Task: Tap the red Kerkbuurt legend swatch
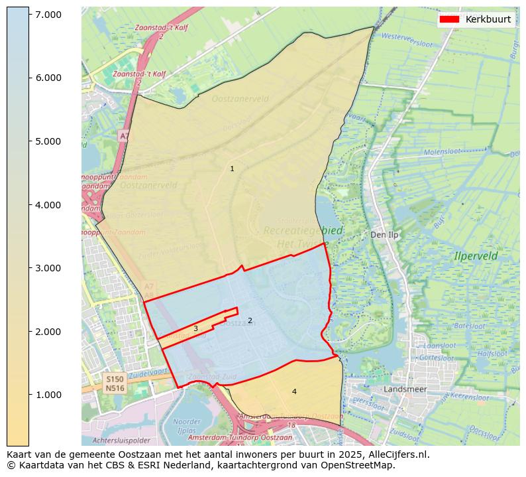point(449,19)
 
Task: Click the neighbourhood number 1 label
point(232,169)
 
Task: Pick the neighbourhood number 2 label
point(250,320)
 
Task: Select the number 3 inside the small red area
point(195,328)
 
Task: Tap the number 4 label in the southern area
point(294,391)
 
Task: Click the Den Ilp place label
point(384,235)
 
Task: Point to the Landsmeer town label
point(405,389)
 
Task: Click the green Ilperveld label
point(476,255)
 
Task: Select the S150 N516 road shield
point(115,383)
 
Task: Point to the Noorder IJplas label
point(186,425)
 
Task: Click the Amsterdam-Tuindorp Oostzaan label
point(240,437)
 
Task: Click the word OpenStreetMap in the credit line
point(359,465)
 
